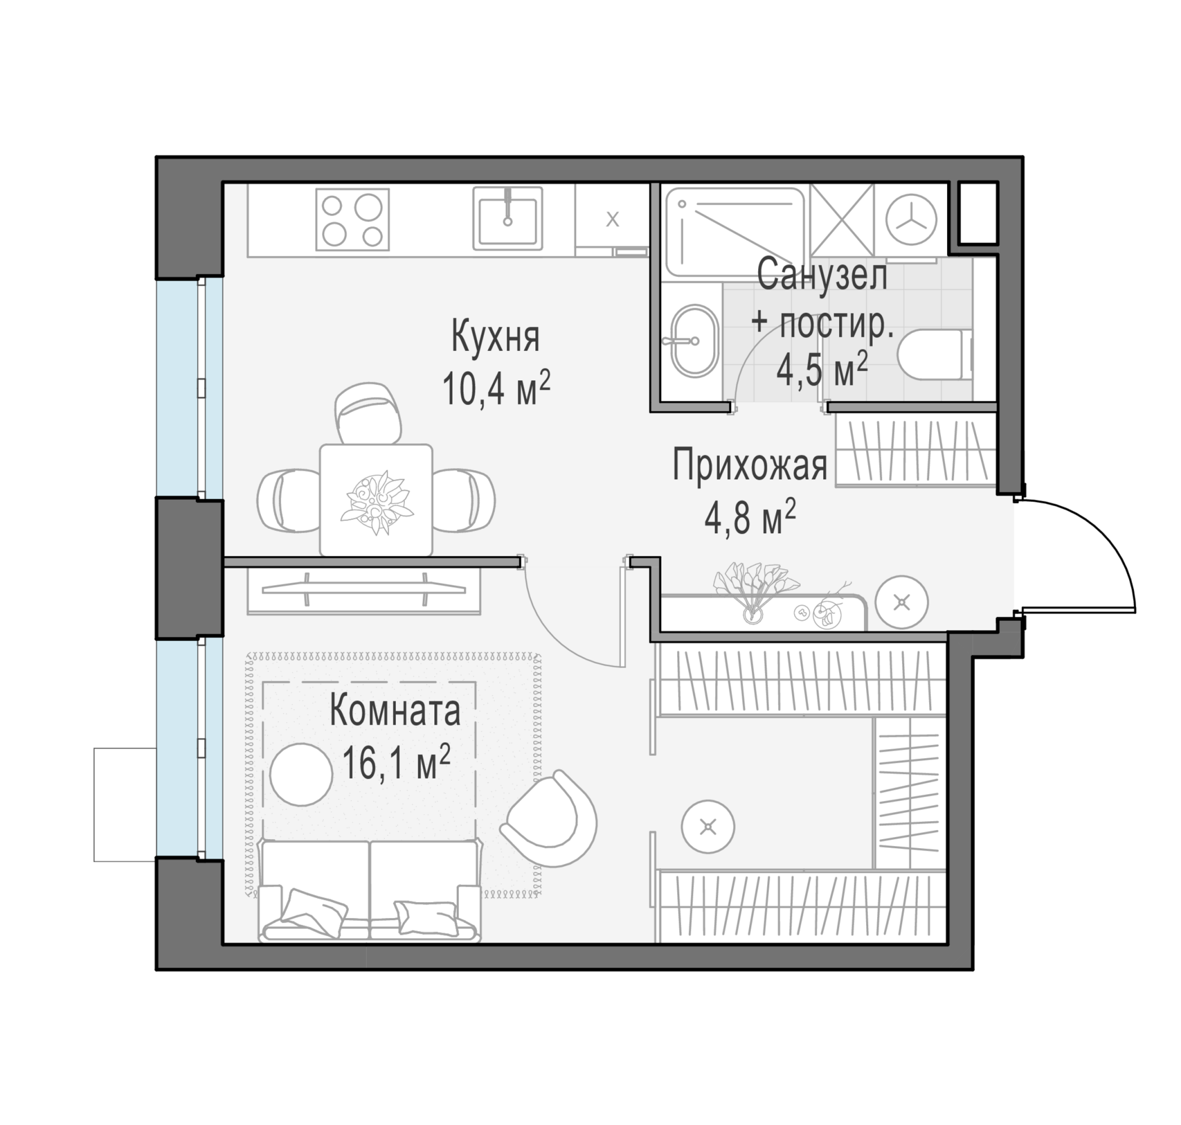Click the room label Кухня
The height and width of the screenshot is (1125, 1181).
(495, 337)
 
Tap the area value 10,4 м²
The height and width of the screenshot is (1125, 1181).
(497, 388)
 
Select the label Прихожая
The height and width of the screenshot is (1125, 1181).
(750, 465)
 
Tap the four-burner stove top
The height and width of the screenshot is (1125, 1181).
(353, 219)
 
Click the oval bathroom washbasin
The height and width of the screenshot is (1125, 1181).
(694, 341)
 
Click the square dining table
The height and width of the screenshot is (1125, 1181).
(376, 500)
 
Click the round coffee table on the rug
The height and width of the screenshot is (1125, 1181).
(301, 775)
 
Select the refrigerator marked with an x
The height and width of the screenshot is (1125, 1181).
(612, 219)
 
